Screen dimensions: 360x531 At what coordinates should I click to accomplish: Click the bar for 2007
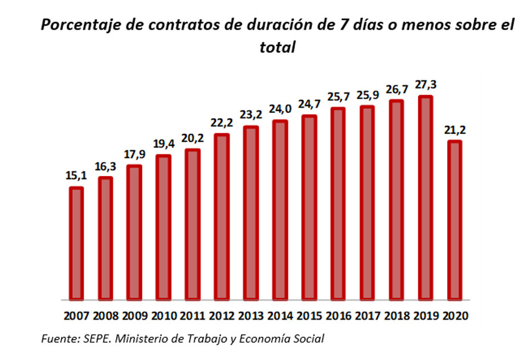(76, 243)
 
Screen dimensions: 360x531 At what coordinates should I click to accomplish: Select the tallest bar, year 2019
(426, 198)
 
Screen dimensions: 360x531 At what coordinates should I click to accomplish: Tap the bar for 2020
(455, 220)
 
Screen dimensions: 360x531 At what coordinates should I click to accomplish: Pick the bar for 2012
(222, 216)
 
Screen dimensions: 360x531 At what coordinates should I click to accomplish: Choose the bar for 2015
(309, 207)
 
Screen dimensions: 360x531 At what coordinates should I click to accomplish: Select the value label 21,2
(455, 130)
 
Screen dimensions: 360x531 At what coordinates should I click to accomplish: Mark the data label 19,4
(164, 145)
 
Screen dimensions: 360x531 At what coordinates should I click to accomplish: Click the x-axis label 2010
(164, 315)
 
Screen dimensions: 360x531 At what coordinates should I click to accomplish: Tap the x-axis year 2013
(251, 315)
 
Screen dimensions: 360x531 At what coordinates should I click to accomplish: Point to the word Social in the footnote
(307, 339)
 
